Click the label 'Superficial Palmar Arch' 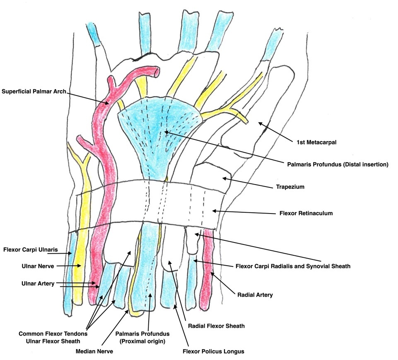point(34,91)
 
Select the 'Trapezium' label point(290,187)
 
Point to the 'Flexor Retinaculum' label point(306,214)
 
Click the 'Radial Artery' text point(255,295)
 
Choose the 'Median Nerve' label point(95,351)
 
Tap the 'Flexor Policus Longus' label point(213,351)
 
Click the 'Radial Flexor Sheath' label point(216,326)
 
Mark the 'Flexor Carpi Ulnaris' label point(31,250)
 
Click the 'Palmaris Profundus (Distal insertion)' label point(338,164)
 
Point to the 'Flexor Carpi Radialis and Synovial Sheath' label point(292,266)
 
